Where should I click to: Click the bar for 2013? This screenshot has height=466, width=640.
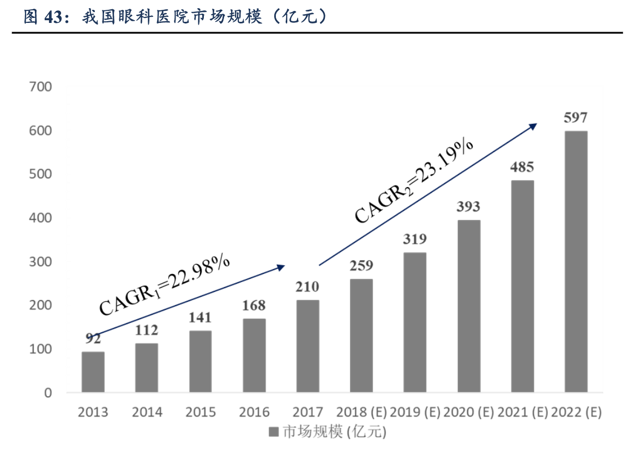pos(93,372)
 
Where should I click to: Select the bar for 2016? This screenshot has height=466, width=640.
pos(254,355)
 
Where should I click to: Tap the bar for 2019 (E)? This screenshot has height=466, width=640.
pos(415,322)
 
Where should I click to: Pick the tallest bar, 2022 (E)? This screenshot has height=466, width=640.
pos(576,261)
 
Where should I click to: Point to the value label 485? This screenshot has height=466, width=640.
pos(522,167)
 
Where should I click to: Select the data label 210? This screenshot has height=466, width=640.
pos(307,286)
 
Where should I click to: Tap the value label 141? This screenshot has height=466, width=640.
pos(200,318)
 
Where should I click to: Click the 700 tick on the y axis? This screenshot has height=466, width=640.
pos(41,87)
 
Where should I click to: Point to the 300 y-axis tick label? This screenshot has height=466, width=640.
pos(41,262)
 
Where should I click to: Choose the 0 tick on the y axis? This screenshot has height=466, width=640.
pos(47,393)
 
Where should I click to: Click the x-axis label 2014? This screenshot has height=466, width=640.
pos(147,412)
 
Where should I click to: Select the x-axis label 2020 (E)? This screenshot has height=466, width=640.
pos(468,412)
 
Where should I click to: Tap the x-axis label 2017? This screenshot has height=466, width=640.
pos(307,412)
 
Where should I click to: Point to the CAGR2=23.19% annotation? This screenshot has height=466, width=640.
pos(414,181)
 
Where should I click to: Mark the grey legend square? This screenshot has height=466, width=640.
pos(273,432)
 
